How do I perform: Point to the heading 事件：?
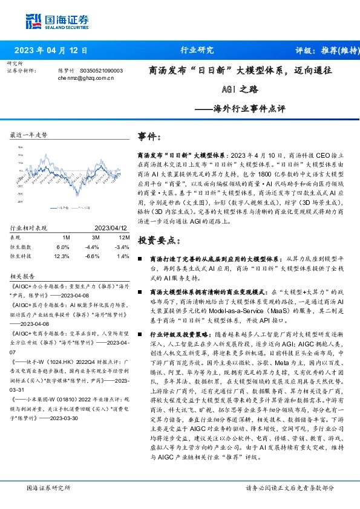pyautogui.click(x=149, y=137)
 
